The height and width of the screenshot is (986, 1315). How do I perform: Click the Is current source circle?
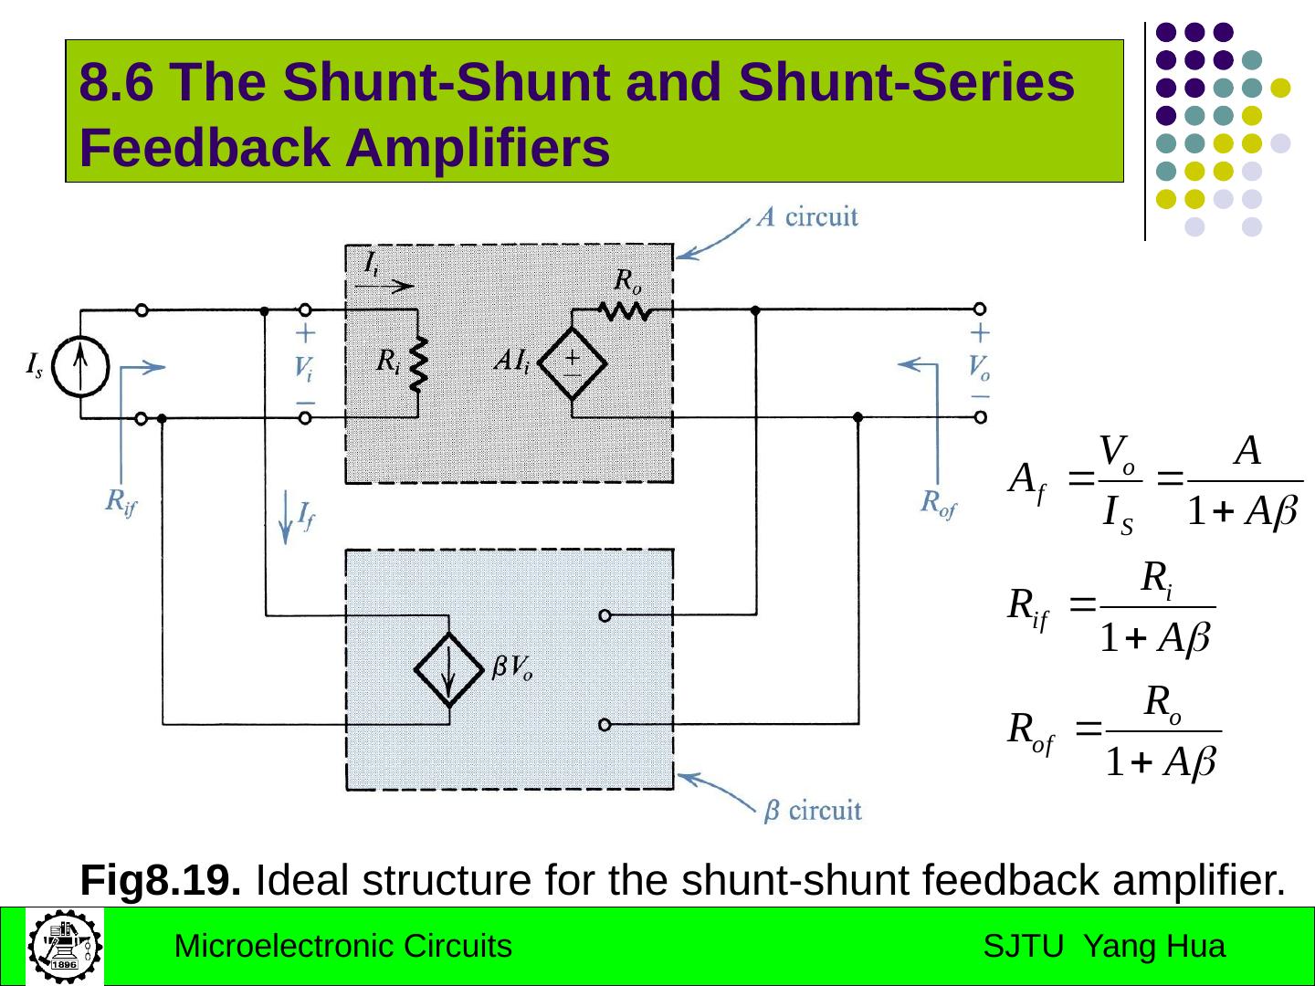80,367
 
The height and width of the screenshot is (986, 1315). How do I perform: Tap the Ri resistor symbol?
418,362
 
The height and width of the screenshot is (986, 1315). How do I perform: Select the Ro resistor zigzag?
626,311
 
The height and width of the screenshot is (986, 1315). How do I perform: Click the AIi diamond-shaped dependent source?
573,363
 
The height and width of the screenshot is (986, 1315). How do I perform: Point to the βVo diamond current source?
449,670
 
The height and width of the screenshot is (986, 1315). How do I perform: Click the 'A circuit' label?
807,217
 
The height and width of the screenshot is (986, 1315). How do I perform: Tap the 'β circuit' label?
812,810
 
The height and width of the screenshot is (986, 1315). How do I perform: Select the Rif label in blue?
121,501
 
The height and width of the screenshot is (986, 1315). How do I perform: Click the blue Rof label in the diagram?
938,503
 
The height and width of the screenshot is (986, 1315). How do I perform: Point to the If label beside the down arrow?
307,516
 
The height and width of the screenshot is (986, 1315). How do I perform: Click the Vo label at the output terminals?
979,368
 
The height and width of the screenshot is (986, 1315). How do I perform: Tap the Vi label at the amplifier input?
304,369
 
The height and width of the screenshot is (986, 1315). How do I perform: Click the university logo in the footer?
64,946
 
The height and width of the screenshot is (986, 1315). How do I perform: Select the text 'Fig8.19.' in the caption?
161,880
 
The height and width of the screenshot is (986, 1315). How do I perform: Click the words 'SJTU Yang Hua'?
1104,947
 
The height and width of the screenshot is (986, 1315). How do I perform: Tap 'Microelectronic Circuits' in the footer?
342,947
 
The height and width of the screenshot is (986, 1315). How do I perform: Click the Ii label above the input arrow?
372,263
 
